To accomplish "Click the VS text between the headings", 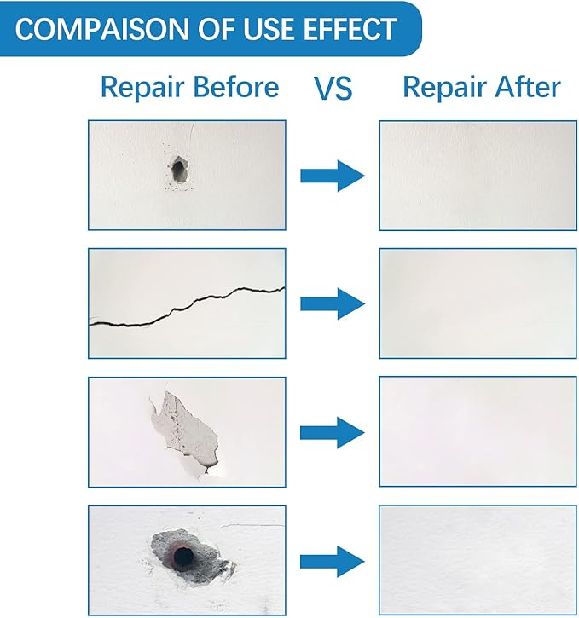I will (x=333, y=89).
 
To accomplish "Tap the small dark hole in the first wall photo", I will (x=178, y=170).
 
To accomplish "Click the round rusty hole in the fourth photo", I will (x=182, y=557).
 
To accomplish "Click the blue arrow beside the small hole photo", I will (x=332, y=176).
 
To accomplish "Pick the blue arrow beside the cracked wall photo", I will (x=332, y=303).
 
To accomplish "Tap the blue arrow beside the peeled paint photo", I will (x=332, y=432).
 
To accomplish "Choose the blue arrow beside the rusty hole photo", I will (x=332, y=561).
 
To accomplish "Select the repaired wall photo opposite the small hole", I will (x=478, y=176).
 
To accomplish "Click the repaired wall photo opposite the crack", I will (x=478, y=303).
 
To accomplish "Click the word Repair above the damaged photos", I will (x=141, y=88).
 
